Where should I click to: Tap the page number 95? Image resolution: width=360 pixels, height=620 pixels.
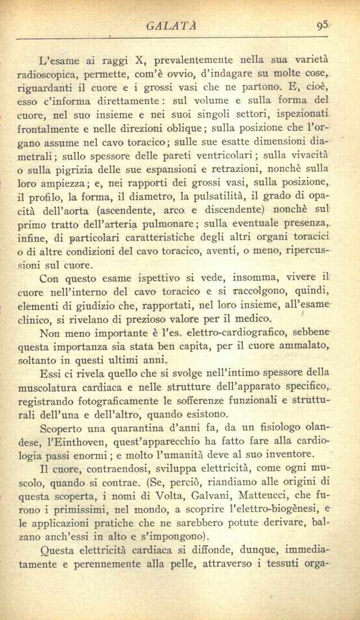322,25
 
